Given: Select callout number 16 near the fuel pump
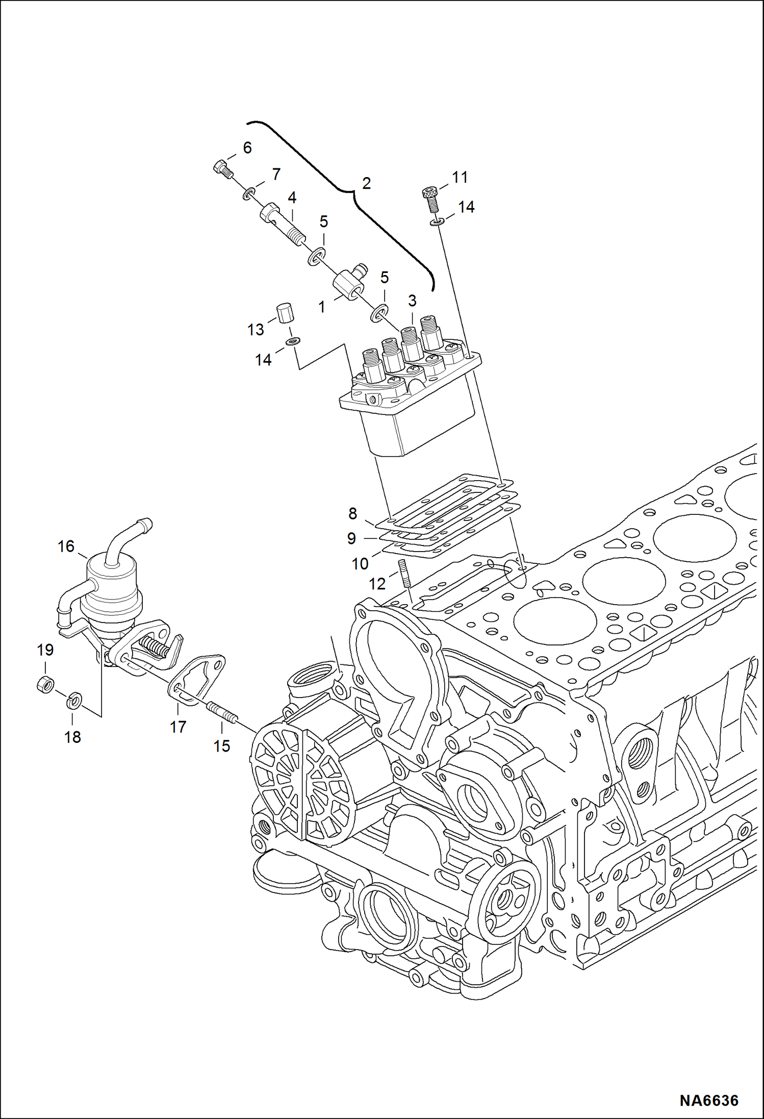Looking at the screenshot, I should (x=66, y=546).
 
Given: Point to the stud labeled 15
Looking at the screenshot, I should (x=221, y=712).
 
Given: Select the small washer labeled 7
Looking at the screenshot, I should (x=249, y=193).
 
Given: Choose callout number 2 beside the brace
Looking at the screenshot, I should (x=366, y=183).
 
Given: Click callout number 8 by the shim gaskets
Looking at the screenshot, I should (x=352, y=513).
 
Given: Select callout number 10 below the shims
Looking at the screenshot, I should (x=360, y=564).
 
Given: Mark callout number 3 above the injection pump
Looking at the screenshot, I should (x=412, y=301).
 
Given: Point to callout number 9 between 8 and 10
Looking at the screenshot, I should (x=351, y=538).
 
